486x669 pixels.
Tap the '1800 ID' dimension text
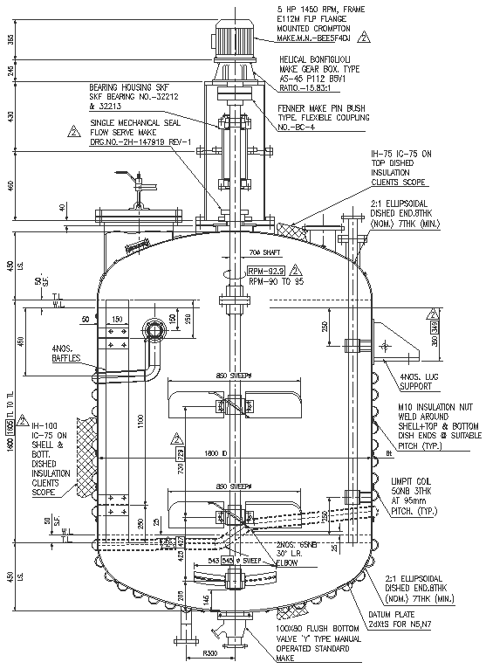tap(216, 453)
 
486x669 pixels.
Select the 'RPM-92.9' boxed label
tap(266, 272)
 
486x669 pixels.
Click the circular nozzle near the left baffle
tap(156, 329)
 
